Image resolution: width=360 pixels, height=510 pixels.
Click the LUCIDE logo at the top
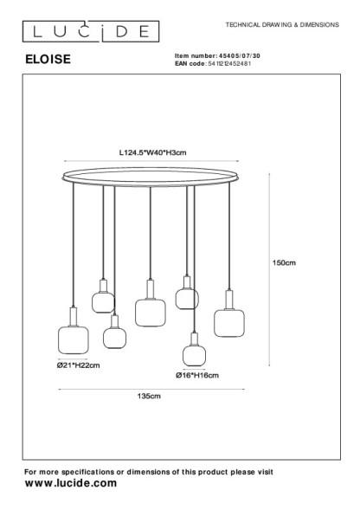(x=91, y=31)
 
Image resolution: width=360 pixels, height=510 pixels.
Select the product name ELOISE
(x=48, y=59)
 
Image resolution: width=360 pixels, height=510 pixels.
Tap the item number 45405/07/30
(x=240, y=56)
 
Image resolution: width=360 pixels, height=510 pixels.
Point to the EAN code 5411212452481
(x=229, y=63)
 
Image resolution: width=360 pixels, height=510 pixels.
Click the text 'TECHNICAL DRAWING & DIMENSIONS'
(x=282, y=25)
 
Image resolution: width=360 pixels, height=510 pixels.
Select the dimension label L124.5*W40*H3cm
(x=153, y=152)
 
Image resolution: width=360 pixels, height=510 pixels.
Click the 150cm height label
(x=284, y=263)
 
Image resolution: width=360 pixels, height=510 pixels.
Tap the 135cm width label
(x=149, y=397)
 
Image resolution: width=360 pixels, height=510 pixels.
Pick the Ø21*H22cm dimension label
(x=79, y=365)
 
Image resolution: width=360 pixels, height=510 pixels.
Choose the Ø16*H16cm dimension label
(x=197, y=375)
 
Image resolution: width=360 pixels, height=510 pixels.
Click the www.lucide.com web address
(x=71, y=483)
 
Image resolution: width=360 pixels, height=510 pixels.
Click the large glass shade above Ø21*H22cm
(x=74, y=340)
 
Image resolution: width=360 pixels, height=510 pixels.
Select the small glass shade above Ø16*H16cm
(x=194, y=356)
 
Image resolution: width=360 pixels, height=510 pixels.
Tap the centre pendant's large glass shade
(x=151, y=313)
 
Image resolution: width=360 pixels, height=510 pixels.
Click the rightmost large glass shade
(x=229, y=323)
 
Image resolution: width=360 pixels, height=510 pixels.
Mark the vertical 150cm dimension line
(x=269, y=269)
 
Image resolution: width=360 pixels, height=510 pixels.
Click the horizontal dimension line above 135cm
(x=151, y=389)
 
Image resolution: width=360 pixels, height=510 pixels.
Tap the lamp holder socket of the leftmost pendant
(x=74, y=316)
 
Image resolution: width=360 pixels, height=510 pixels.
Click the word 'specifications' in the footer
(x=87, y=472)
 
